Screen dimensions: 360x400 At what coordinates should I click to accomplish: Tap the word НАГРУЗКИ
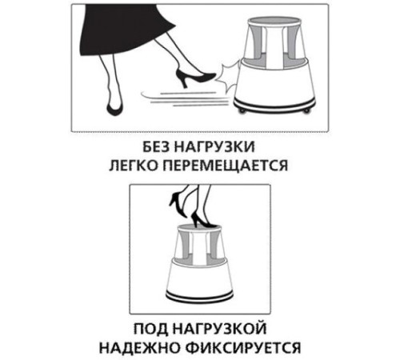click(220, 149)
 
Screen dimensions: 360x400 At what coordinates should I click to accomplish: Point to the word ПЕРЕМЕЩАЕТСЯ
click(226, 167)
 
